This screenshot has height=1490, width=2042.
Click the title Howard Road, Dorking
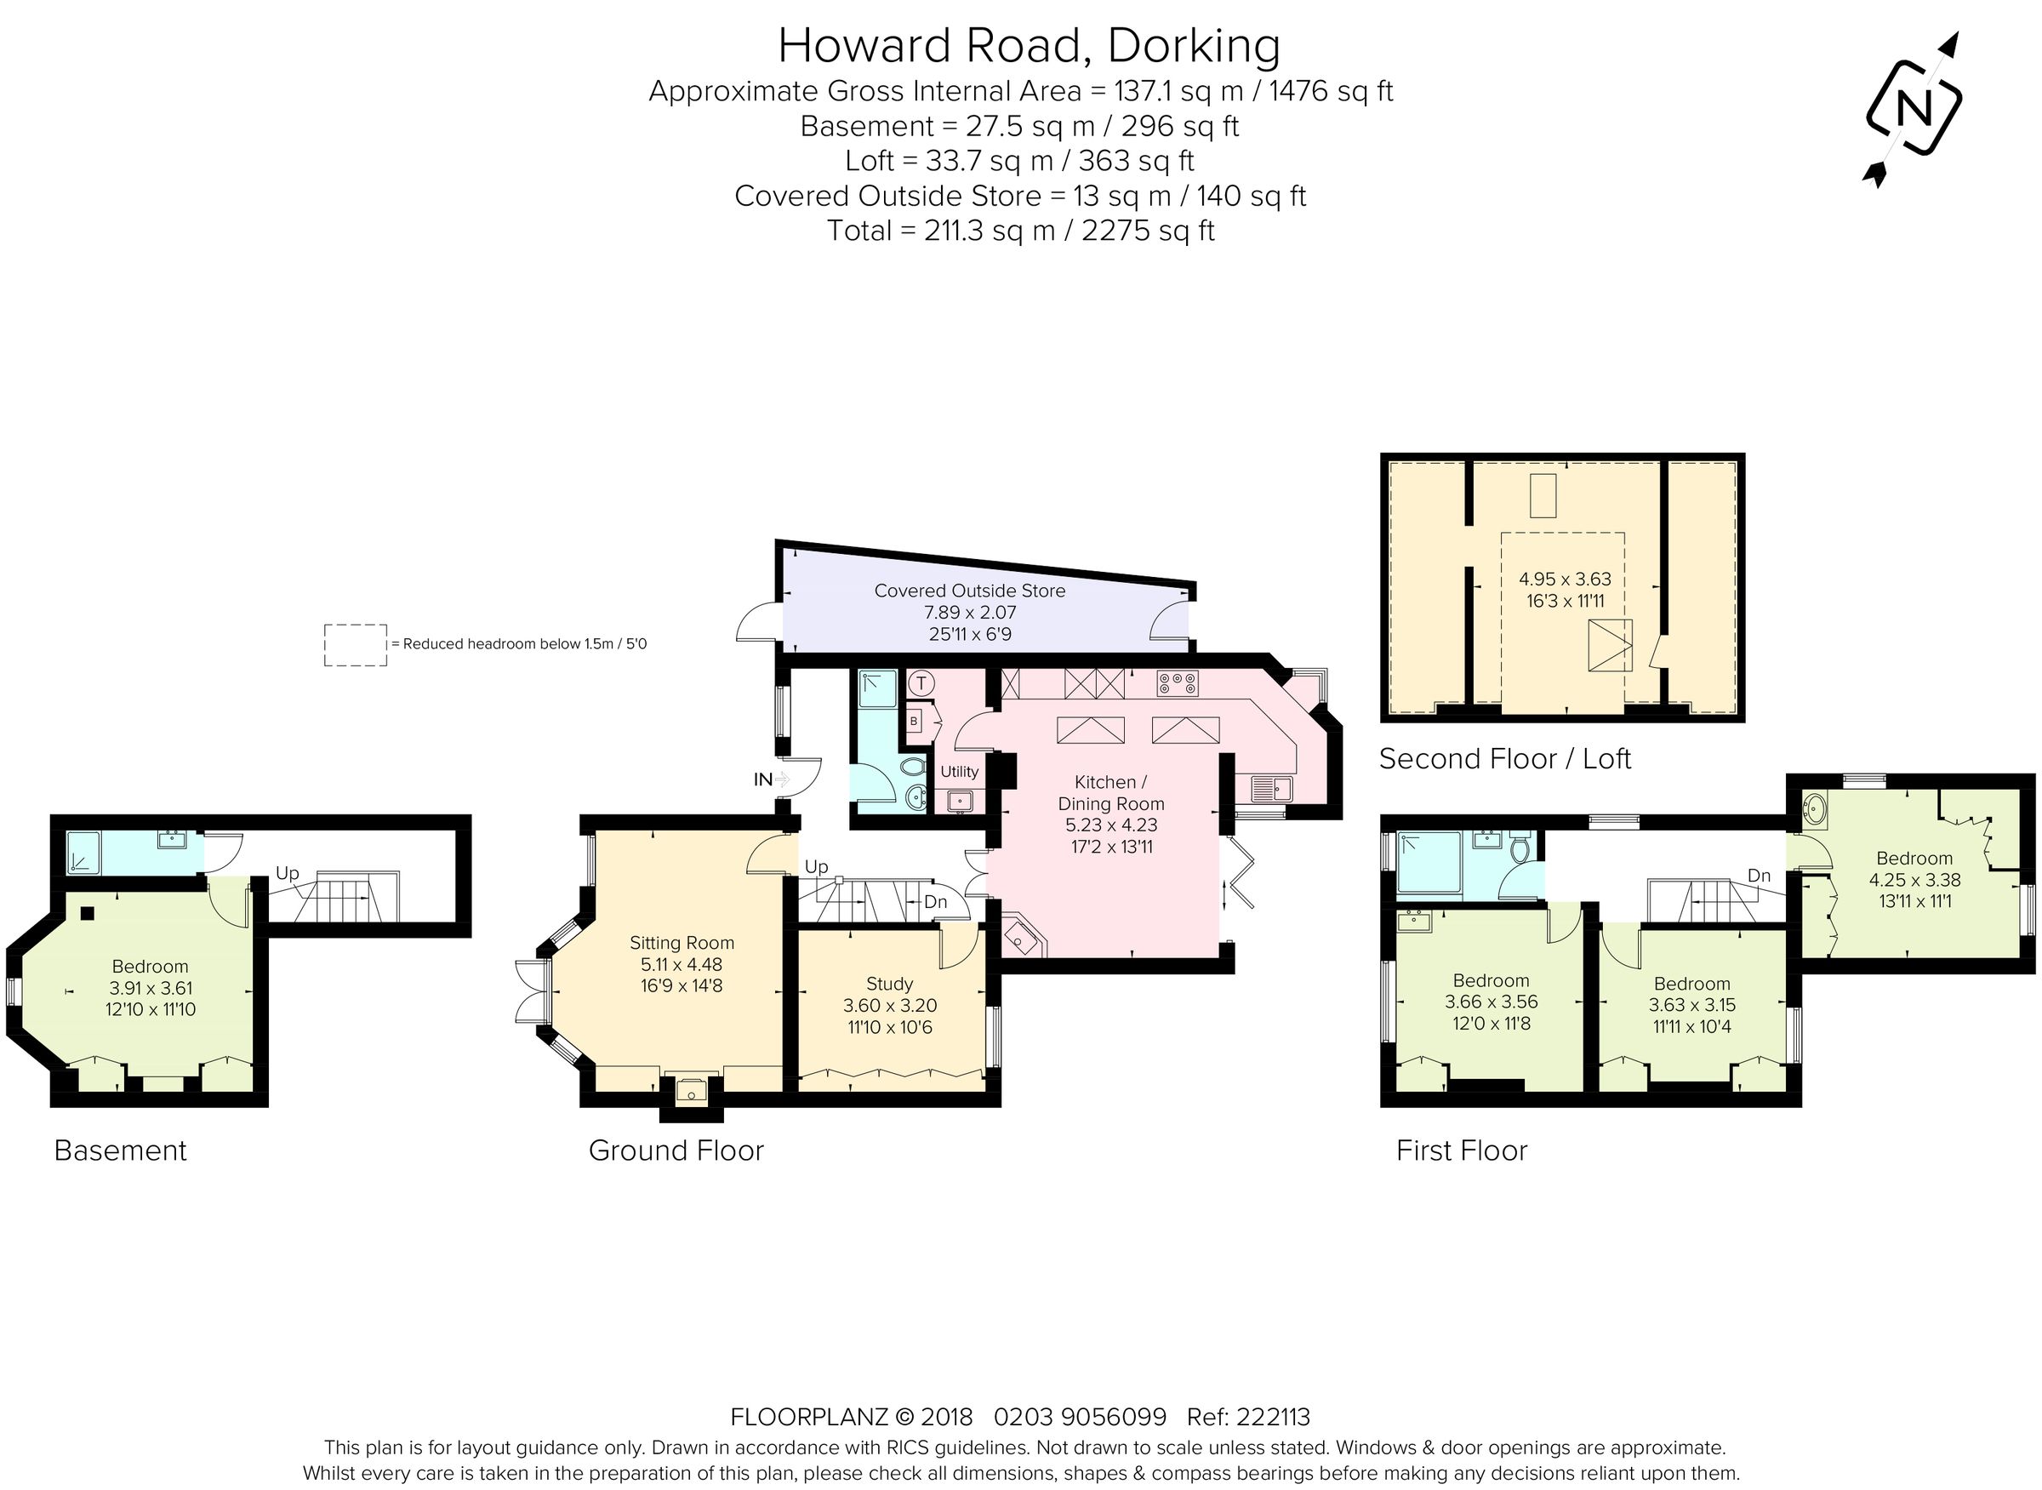[x=1028, y=45]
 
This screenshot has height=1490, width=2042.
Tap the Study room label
[x=889, y=983]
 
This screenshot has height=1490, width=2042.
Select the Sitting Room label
[x=681, y=943]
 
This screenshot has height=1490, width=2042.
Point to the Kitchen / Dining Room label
[x=1110, y=793]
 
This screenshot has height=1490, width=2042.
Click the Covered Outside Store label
[x=970, y=591]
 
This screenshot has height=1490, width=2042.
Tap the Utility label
[x=959, y=771]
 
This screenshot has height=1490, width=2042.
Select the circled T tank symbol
[x=921, y=682]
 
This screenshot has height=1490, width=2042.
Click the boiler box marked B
[x=914, y=722]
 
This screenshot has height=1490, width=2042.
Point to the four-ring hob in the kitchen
[x=1177, y=683]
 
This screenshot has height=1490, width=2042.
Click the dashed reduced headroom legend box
[x=356, y=645]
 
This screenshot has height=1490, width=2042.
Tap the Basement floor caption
[x=120, y=1150]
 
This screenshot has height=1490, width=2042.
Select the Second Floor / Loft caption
[x=1504, y=758]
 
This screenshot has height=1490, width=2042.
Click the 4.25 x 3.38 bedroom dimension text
[x=1914, y=879]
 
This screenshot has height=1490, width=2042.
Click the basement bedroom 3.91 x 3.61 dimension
[x=150, y=988]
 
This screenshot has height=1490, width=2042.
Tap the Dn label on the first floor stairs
[x=1759, y=875]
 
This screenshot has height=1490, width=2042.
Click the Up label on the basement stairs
[x=287, y=872]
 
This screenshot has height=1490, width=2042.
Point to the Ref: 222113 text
[x=1248, y=1417]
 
